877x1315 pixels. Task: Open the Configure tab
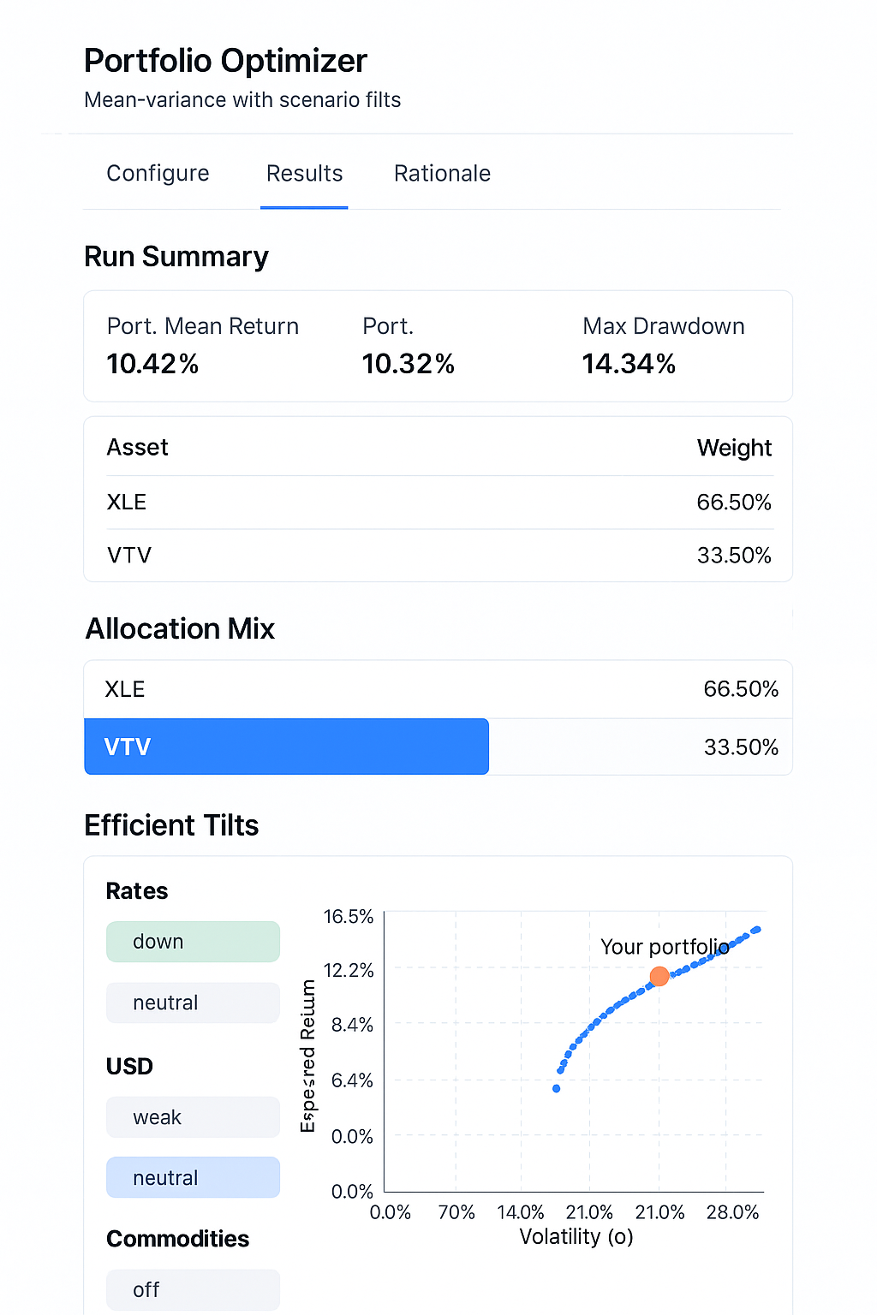coord(158,174)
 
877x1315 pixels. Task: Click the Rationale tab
coord(442,174)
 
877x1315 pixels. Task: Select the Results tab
coord(304,174)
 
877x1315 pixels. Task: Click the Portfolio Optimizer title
coord(225,61)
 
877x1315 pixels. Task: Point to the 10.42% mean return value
coord(152,364)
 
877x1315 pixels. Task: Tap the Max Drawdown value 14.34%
coord(629,364)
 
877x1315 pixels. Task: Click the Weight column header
coord(734,448)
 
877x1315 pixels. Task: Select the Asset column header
coord(137,448)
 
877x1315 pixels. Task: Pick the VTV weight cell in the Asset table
coord(734,556)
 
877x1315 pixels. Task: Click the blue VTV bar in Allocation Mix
coord(286,747)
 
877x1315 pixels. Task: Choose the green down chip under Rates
coord(193,942)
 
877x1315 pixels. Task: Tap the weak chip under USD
coord(193,1117)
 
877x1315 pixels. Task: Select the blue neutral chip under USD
coord(193,1178)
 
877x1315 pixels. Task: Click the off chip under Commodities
coord(193,1289)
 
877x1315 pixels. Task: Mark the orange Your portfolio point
coord(659,976)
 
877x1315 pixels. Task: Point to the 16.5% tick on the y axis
coord(349,917)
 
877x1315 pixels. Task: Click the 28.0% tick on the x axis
coord(732,1212)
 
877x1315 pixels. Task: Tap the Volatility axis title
coord(576,1237)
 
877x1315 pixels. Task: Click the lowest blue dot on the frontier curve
coord(557,1089)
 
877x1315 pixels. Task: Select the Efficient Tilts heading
coord(171,825)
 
